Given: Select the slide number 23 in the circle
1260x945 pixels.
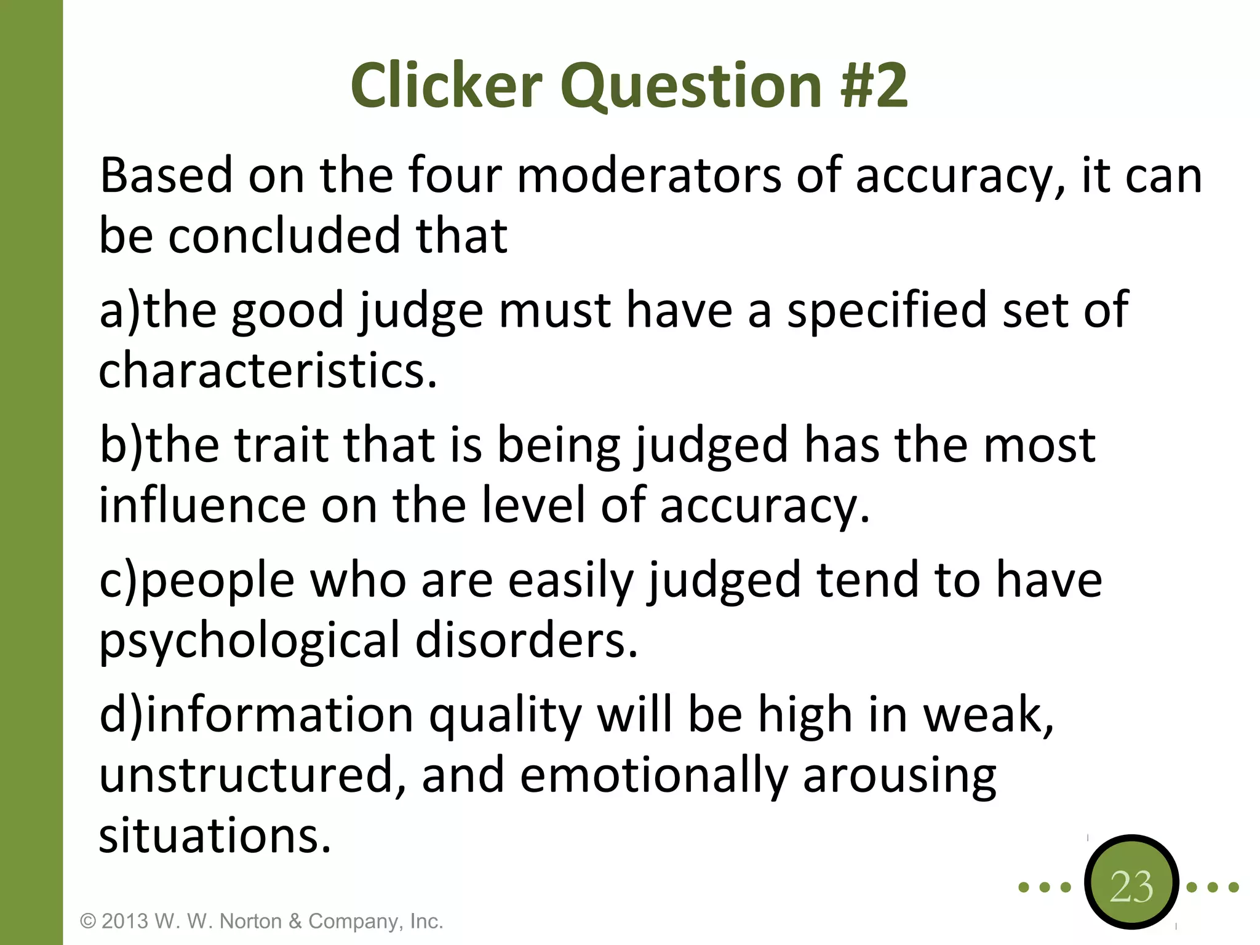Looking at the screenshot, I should point(1131,887).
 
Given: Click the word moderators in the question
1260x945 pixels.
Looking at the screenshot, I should point(648,176).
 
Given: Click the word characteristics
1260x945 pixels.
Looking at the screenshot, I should point(268,371).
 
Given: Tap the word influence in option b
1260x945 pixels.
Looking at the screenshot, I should point(202,505).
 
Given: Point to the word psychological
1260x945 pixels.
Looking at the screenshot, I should point(249,642).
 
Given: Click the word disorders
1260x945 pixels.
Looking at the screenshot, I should point(526,640).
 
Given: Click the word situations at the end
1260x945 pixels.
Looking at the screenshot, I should point(215,836).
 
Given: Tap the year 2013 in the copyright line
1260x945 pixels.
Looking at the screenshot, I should point(125,921).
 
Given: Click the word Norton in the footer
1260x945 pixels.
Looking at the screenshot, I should point(250,921).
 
